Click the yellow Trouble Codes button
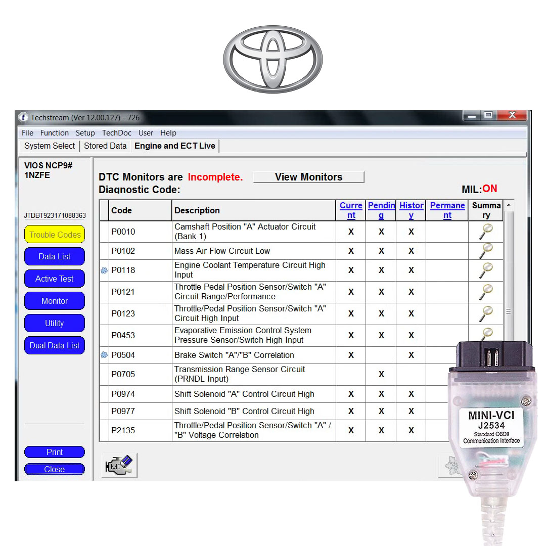pos(55,235)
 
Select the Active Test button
pos(55,279)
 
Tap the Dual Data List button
pos(55,345)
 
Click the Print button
pos(55,452)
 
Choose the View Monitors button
pos(308,177)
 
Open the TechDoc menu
pos(117,133)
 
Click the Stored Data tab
pos(105,146)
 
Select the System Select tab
pos(50,146)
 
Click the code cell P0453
pos(123,335)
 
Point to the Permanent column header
pos(447,210)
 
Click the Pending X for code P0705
pos(381,374)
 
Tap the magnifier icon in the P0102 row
pos(486,251)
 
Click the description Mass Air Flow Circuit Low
pos(222,251)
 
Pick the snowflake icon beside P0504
pos(104,355)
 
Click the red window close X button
pos(512,115)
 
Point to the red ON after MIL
pos(489,189)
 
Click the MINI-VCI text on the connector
pos(491,416)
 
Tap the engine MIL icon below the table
pos(119,465)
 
